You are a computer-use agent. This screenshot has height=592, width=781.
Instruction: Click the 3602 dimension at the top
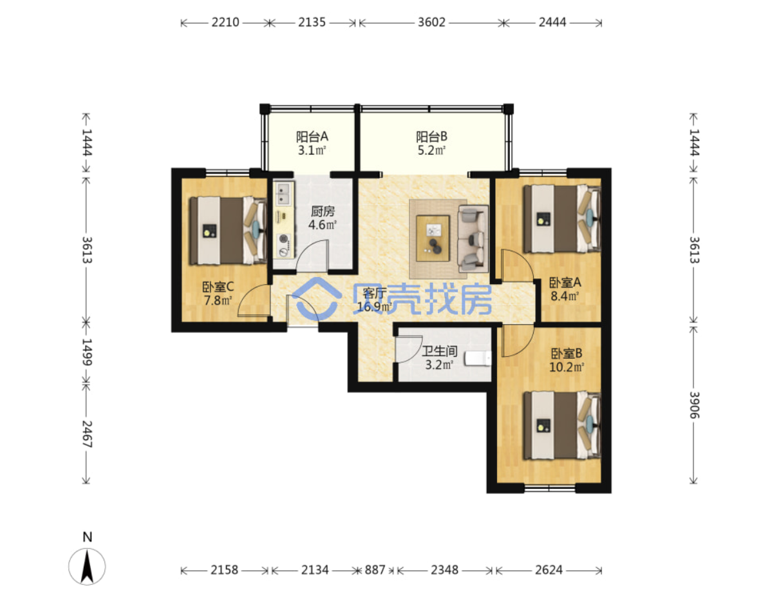(x=431, y=23)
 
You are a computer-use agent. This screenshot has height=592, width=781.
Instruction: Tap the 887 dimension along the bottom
(x=374, y=570)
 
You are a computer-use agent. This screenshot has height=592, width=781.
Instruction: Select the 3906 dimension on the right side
(x=694, y=405)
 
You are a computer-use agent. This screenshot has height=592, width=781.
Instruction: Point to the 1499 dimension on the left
(x=87, y=352)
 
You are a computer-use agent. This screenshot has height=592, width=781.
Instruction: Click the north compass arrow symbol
(x=87, y=567)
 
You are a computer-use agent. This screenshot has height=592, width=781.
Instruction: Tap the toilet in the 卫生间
(x=478, y=358)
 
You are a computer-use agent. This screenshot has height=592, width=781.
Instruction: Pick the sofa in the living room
(x=473, y=238)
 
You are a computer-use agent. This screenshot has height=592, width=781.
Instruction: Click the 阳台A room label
(x=312, y=137)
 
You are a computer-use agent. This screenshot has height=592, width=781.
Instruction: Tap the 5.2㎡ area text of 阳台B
(x=431, y=150)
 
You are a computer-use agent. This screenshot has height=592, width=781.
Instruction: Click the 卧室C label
(x=218, y=287)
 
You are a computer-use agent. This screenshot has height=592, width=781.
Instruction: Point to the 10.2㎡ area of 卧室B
(x=566, y=367)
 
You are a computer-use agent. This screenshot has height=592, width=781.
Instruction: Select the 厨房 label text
(x=323, y=211)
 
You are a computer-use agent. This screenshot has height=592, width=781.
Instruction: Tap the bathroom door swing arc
(x=409, y=349)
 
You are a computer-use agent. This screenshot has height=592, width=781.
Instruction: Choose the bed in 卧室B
(x=562, y=425)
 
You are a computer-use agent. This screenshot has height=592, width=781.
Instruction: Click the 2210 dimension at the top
(x=225, y=23)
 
